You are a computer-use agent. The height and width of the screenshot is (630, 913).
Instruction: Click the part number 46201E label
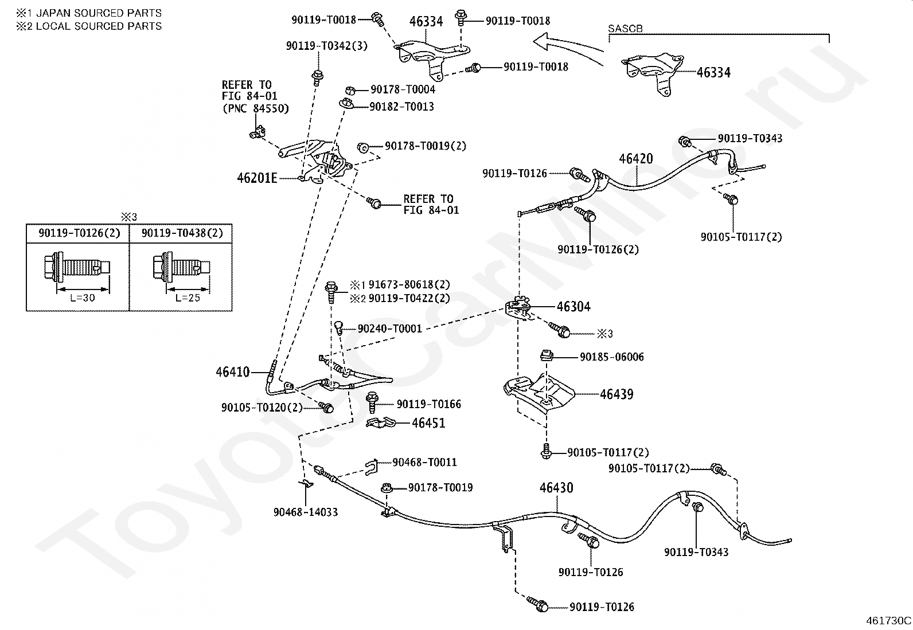click(x=257, y=178)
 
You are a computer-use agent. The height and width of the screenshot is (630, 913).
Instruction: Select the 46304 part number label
click(x=573, y=307)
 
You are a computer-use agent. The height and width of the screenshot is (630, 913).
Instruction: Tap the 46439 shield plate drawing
click(x=539, y=393)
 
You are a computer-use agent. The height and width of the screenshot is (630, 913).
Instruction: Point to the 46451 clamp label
click(x=428, y=423)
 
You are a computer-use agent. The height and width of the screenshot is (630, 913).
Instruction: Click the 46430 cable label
click(x=556, y=488)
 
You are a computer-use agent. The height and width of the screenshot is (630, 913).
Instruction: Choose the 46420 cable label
click(x=635, y=159)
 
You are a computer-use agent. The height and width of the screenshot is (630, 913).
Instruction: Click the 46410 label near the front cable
click(x=233, y=372)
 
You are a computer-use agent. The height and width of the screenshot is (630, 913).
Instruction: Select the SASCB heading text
click(x=625, y=29)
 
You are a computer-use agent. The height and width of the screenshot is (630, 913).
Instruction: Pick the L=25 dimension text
click(x=188, y=298)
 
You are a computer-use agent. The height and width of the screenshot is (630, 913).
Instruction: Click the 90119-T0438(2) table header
click(x=182, y=233)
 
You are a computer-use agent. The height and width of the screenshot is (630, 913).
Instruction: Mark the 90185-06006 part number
click(x=611, y=357)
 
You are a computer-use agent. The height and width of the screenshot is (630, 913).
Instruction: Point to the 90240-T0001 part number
click(x=389, y=329)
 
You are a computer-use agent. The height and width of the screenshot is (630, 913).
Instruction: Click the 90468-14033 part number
click(x=306, y=512)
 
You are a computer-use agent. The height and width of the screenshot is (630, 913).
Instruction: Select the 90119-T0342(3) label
click(x=327, y=46)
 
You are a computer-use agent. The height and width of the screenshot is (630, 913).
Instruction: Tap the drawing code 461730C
click(x=888, y=620)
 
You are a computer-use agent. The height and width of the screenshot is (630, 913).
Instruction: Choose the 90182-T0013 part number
click(x=401, y=107)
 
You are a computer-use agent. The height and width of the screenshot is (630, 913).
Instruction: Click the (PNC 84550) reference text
click(x=255, y=108)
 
